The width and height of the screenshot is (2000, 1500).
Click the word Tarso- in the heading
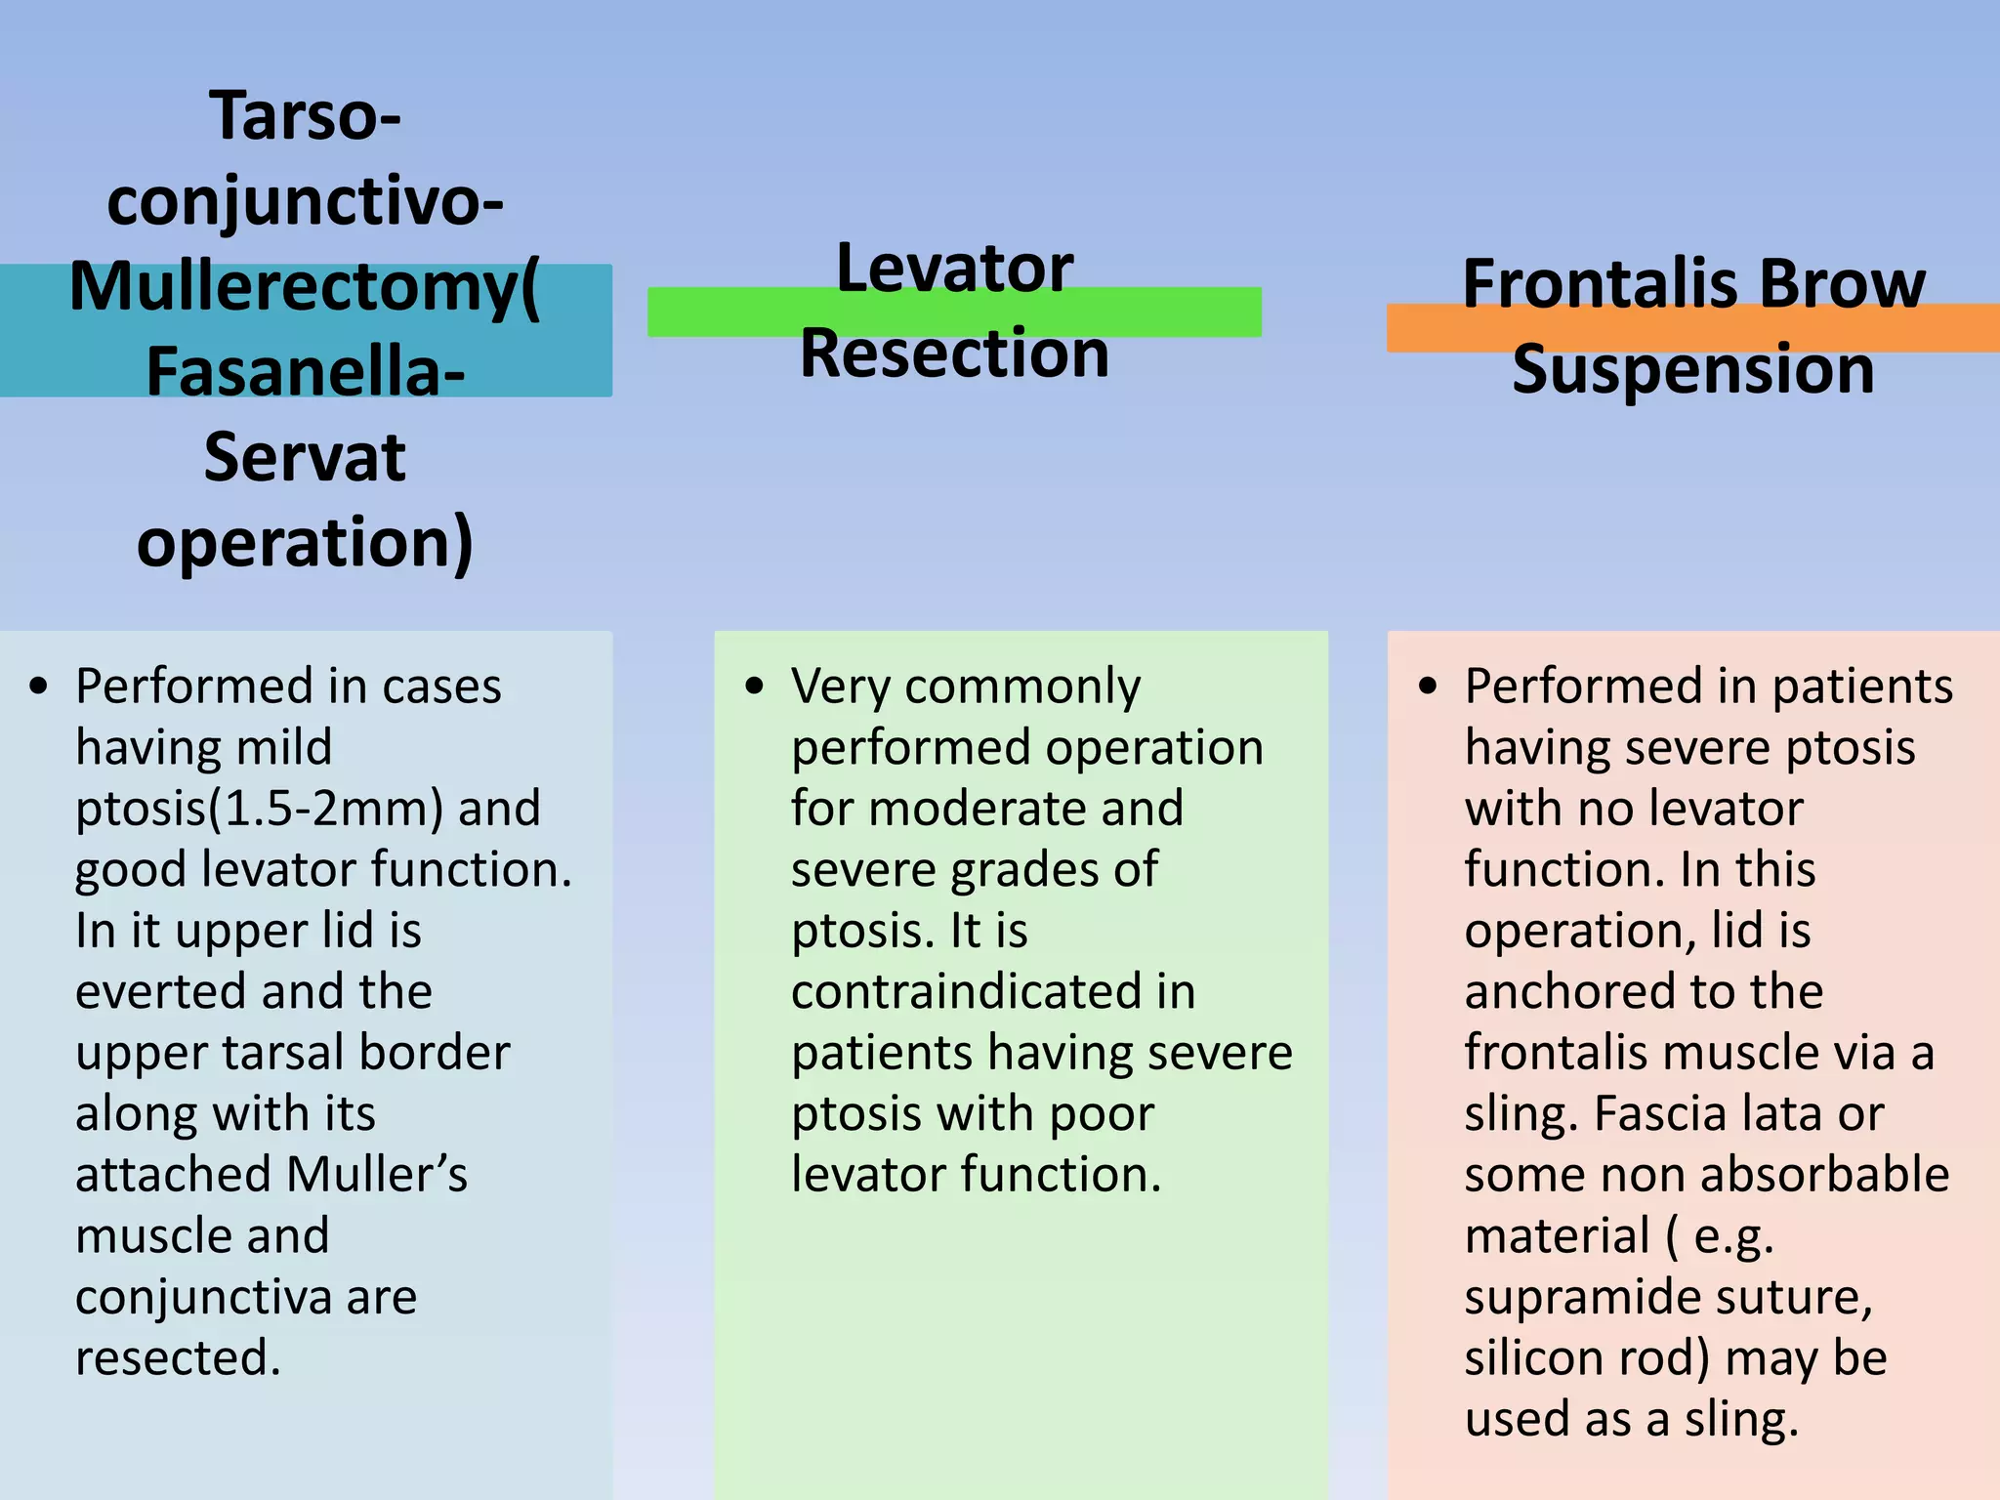coord(305,116)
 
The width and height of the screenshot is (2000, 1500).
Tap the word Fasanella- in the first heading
coord(305,372)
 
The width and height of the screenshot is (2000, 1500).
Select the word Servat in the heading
coord(305,457)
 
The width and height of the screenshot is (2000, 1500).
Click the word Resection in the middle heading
coord(954,354)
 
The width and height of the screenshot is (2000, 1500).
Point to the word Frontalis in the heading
coord(1588,284)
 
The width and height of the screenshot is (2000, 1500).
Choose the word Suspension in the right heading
coord(1692,370)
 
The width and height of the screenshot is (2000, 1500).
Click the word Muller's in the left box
coord(377,1175)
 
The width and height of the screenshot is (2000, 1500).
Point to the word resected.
coord(178,1358)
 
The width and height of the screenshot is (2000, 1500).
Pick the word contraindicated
coord(993,992)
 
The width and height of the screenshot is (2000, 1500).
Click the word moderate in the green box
coord(1025,809)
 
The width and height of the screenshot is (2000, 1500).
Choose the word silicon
coord(1532,1358)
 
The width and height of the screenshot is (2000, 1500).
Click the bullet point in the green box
coord(754,686)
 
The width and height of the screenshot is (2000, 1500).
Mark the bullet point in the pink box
coord(1428,686)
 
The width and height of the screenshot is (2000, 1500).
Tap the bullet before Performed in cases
coord(38,686)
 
